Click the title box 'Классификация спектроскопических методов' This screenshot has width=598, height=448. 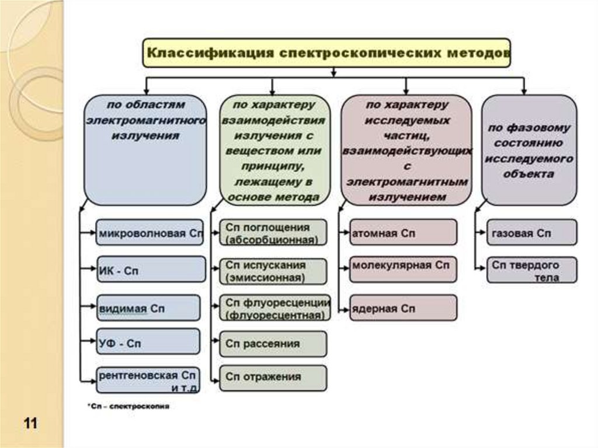[x=327, y=53]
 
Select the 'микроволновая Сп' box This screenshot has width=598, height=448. [x=150, y=232]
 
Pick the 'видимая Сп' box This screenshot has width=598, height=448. [x=150, y=308]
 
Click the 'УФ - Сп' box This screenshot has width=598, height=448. [x=150, y=343]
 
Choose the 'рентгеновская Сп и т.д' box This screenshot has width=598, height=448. [x=150, y=379]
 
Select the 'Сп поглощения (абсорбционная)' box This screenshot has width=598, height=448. [x=273, y=232]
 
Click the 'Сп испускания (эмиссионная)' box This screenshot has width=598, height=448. [x=273, y=271]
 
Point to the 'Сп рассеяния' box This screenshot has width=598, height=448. [x=273, y=344]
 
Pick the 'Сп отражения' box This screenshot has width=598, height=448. [x=273, y=377]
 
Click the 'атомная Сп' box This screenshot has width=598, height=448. [x=403, y=232]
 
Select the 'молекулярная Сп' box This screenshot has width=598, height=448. [x=403, y=269]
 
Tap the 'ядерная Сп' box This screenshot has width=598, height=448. [x=403, y=308]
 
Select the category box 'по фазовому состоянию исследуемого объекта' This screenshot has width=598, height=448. [x=529, y=150]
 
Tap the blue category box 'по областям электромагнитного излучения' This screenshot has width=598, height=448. [x=145, y=149]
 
